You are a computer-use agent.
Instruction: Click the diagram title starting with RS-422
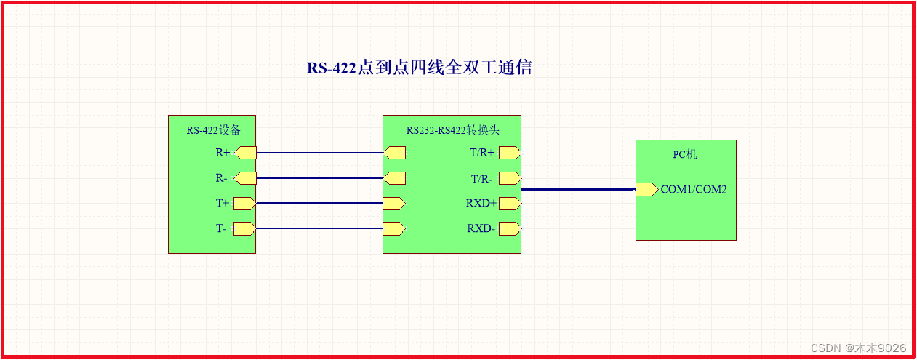pyautogui.click(x=419, y=68)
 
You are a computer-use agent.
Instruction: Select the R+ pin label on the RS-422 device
pyautogui.click(x=223, y=153)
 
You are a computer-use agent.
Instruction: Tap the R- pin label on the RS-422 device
pyautogui.click(x=222, y=178)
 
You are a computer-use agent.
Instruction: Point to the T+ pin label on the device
pyautogui.click(x=222, y=204)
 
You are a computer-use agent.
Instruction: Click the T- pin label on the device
pyautogui.click(x=221, y=228)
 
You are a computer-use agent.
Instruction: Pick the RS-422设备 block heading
pyautogui.click(x=212, y=130)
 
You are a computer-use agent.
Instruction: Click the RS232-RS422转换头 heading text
pyautogui.click(x=452, y=130)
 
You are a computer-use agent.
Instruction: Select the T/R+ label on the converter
pyautogui.click(x=482, y=153)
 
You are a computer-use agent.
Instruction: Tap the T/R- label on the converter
pyautogui.click(x=481, y=178)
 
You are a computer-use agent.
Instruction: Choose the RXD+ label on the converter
pyautogui.click(x=481, y=204)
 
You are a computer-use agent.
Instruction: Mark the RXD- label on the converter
pyautogui.click(x=481, y=228)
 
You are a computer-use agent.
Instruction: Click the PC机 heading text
pyautogui.click(x=685, y=154)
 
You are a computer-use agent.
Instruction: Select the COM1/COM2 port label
pyautogui.click(x=694, y=189)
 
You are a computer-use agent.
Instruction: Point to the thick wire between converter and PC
pyautogui.click(x=578, y=189)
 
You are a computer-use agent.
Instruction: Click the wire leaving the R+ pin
pyautogui.click(x=320, y=153)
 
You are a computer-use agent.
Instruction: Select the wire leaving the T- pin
pyautogui.click(x=320, y=228)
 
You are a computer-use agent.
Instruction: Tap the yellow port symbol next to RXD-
pyautogui.click(x=509, y=228)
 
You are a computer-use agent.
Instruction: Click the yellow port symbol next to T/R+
pyautogui.click(x=509, y=153)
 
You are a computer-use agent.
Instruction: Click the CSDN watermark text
pyautogui.click(x=858, y=348)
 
